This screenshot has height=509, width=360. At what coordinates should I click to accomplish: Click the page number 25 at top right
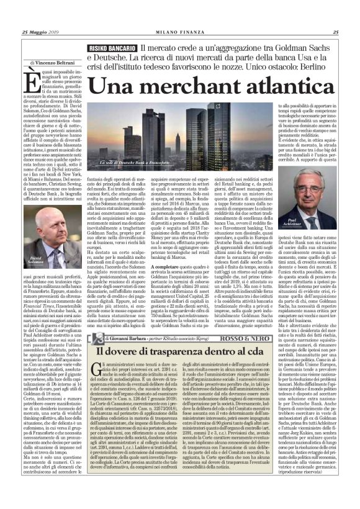335,33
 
